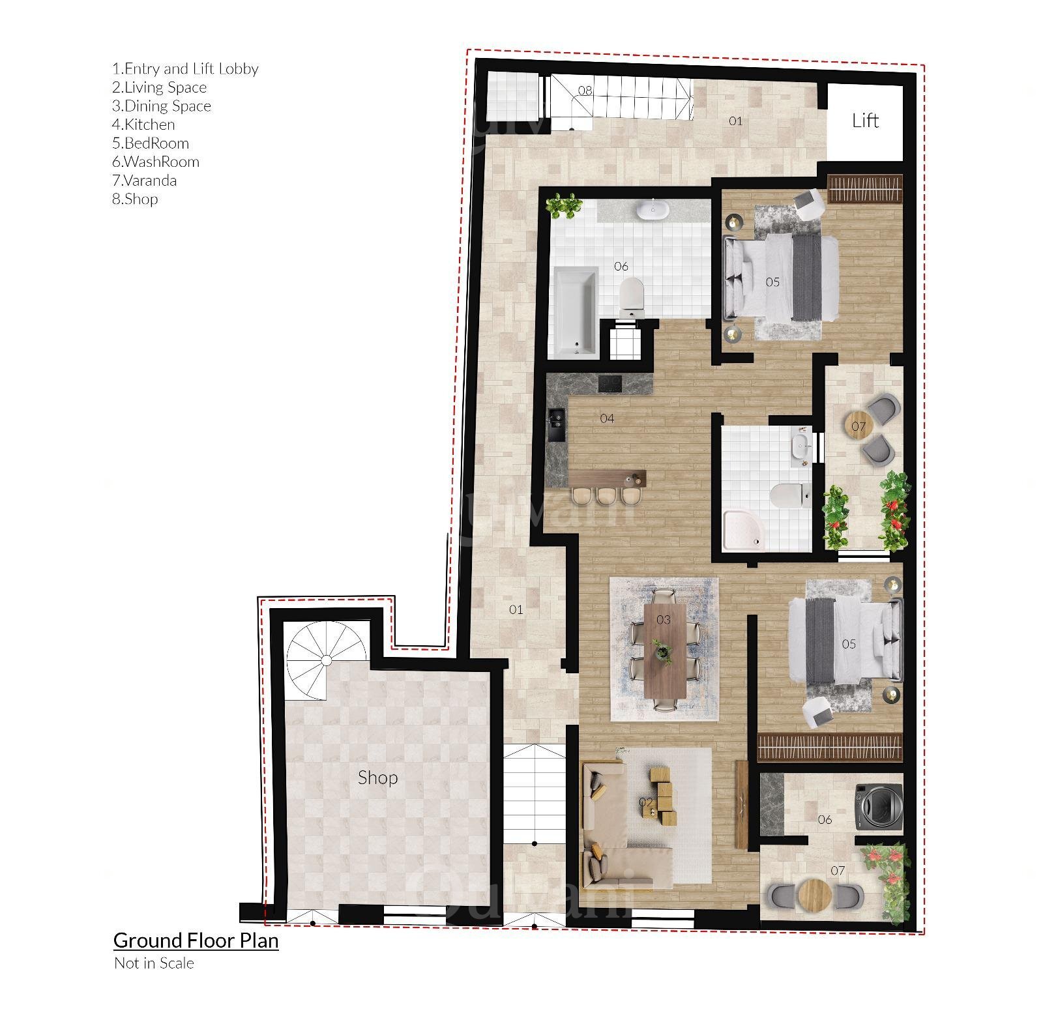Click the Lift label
point(865,121)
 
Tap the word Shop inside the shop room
point(377,778)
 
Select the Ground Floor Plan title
point(196,940)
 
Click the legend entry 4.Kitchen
point(143,124)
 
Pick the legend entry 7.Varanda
point(144,181)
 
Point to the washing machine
point(879,807)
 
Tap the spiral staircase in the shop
point(326,660)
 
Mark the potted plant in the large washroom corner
point(563,205)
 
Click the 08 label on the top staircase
point(585,91)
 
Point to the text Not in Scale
point(154,963)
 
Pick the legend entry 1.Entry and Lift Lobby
point(185,69)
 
